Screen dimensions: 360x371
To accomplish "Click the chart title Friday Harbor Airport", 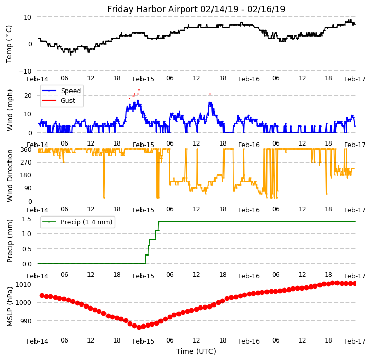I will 196,9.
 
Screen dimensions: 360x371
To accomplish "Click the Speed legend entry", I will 70,91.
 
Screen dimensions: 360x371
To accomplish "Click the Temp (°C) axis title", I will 9,44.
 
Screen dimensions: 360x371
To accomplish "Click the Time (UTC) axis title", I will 196,351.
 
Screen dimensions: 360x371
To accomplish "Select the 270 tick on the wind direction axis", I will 25,163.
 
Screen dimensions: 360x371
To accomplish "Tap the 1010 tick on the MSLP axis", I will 23,284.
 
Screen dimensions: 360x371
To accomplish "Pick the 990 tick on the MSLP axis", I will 25,321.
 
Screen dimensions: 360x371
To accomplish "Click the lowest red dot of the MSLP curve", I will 139,327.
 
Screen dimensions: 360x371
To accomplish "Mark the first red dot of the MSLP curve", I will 42,295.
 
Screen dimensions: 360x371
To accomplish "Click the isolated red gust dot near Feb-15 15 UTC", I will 210,94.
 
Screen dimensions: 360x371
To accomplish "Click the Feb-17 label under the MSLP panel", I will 355,341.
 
